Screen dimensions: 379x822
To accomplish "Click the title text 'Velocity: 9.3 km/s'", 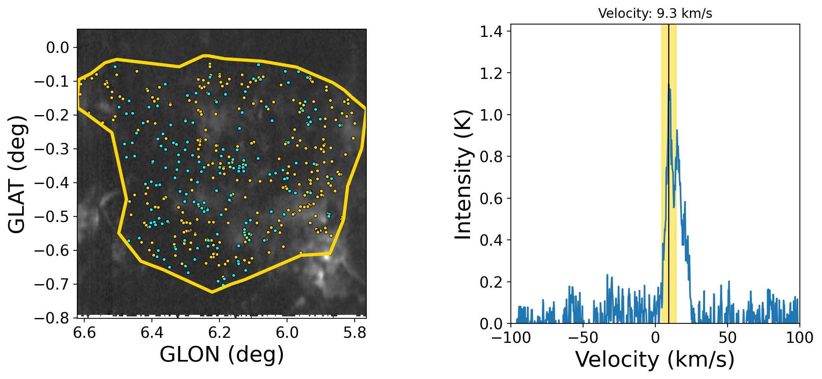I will (655, 14).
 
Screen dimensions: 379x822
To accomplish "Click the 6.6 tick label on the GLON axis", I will (84, 333).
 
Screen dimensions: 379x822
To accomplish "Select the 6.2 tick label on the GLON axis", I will (219, 333).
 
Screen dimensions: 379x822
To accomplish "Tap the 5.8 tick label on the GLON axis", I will (355, 333).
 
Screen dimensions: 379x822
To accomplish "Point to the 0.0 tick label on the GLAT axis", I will (57, 48).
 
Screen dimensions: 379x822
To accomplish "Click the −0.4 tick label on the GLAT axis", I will (51, 183).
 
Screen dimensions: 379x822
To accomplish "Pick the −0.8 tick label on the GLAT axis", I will (51, 318).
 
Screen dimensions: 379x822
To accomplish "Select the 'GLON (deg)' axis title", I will (222, 355).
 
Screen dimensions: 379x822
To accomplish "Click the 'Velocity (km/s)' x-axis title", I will (655, 359).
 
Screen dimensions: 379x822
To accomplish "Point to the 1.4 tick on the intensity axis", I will (491, 31).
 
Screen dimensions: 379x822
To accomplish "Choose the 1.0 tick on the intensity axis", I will (491, 115).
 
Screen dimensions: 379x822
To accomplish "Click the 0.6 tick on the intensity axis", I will (491, 199).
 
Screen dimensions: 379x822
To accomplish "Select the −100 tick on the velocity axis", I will (511, 338).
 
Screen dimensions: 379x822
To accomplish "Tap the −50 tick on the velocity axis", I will (583, 338).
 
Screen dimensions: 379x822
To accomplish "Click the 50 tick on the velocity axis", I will (727, 338).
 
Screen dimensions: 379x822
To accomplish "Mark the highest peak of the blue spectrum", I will (669, 85).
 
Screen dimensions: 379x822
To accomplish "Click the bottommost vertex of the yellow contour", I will (212, 292).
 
